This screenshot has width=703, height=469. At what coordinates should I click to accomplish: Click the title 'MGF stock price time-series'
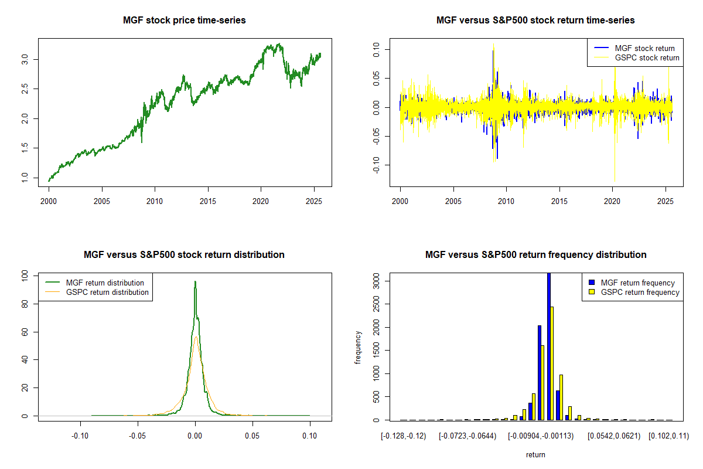(184, 21)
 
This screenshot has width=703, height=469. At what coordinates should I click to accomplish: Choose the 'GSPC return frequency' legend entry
(640, 292)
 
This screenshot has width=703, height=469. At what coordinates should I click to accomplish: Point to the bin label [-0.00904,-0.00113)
(540, 436)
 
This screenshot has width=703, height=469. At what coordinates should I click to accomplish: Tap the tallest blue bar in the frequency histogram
(549, 346)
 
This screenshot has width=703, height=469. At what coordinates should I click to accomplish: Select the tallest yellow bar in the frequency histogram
(552, 363)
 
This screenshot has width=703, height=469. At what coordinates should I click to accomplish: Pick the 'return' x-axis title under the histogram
(535, 454)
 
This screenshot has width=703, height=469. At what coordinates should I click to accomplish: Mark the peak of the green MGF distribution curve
(195, 282)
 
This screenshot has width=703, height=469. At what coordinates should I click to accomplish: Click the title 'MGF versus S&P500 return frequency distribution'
(535, 255)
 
